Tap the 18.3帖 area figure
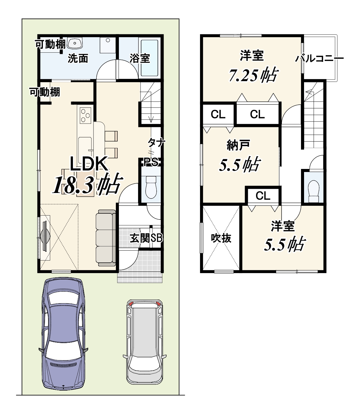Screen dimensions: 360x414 87,184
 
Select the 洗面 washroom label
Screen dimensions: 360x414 78,58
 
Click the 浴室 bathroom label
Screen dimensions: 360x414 140,58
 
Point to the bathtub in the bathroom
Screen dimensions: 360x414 149,58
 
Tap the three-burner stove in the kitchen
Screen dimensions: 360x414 85,115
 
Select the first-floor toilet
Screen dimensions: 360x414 151,187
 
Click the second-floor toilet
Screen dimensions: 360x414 313,191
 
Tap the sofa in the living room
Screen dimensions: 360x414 106,238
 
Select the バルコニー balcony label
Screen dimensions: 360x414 319,59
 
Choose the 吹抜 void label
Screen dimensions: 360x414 221,238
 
